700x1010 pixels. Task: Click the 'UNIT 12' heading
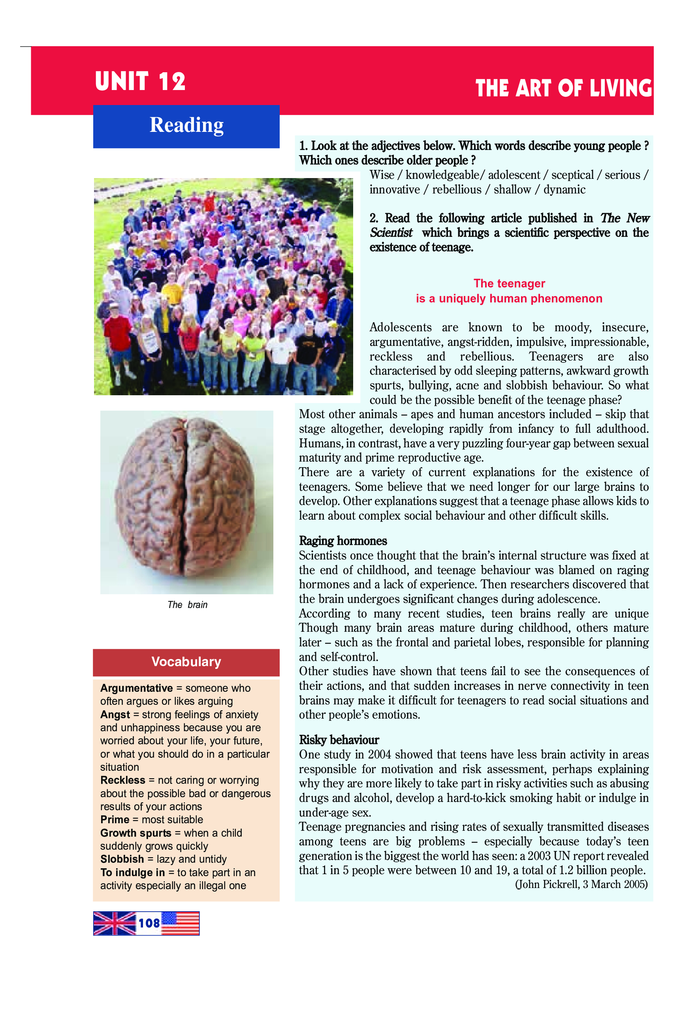140,82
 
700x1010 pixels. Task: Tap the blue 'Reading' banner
186,126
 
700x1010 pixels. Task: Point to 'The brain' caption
187,604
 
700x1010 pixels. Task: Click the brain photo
186,502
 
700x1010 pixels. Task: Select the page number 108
149,923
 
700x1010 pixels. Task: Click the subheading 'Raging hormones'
342,541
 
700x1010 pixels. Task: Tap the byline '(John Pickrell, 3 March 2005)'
581,884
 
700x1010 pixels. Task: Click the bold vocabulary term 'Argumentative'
136,688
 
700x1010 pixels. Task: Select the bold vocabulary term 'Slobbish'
122,859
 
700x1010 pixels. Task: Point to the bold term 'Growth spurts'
135,833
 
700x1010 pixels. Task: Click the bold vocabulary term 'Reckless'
122,780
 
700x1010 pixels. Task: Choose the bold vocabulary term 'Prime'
115,820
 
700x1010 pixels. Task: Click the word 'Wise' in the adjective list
382,175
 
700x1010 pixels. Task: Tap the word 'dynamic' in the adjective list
564,190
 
